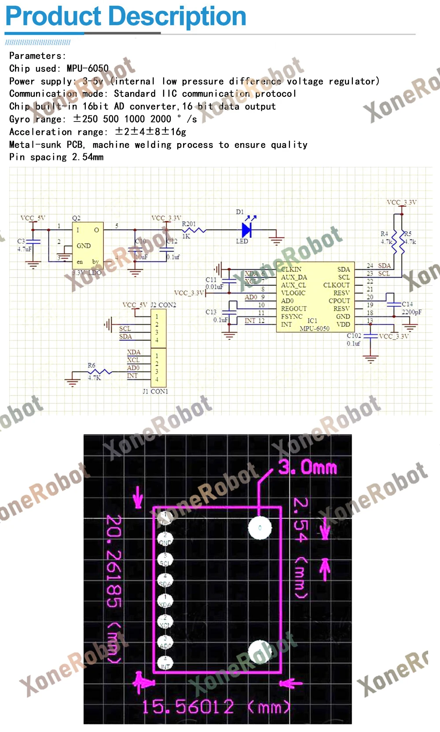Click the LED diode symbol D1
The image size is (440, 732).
coord(246,229)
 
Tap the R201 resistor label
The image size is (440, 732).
coord(189,224)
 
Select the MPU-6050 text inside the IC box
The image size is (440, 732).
coord(315,329)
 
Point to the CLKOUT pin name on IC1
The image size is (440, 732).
coord(336,285)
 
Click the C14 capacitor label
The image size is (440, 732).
coord(407,304)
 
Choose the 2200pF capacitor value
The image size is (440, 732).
coord(411,312)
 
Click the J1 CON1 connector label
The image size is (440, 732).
coord(155,391)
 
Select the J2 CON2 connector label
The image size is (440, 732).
coord(163,305)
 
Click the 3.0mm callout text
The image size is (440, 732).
coord(308,467)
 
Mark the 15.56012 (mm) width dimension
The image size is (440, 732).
coord(216,707)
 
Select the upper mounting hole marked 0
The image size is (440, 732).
coord(260,528)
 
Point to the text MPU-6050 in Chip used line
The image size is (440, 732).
coord(88,68)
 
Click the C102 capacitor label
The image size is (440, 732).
coord(354,336)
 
